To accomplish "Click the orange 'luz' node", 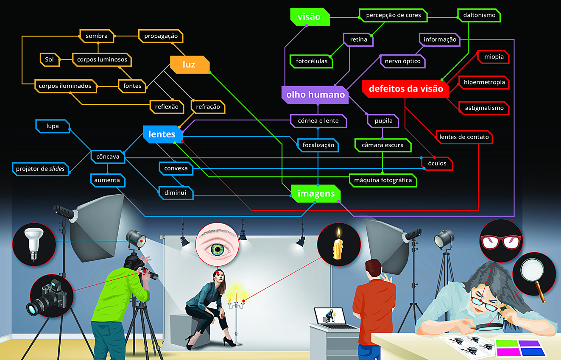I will coord(189,64).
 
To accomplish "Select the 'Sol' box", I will coord(50,59).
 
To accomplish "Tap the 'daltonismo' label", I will coord(480,15).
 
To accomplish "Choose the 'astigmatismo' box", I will coord(484,108).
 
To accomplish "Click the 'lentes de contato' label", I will coord(464,137).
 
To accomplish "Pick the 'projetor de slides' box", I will coord(40,169).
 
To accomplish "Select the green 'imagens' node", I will coord(316,194).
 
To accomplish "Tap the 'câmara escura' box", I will coord(382,145).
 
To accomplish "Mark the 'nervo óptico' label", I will coord(402,61).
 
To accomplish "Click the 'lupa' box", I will coord(53,126).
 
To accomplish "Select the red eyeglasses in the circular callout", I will coord(501,240).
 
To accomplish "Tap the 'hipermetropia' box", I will coord(484,82).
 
